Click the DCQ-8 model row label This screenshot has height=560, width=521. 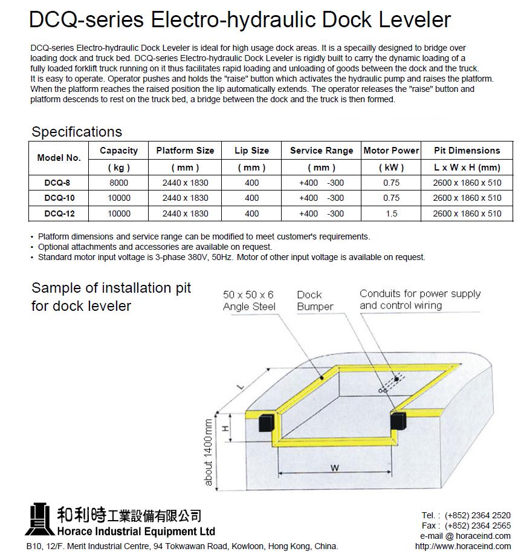coord(58,183)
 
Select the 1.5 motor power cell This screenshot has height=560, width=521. coord(391,213)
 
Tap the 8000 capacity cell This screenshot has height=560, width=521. coord(118,183)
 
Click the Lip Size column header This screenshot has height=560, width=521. coord(251,151)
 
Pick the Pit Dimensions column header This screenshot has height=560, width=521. coord(467,151)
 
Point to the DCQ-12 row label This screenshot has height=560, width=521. coord(59,213)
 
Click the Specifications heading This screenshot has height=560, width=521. coord(77,132)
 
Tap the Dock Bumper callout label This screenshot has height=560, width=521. coord(314,301)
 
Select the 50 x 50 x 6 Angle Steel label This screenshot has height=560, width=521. coord(248,301)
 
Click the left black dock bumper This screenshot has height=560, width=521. coord(267,422)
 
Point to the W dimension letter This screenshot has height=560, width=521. coord(334,467)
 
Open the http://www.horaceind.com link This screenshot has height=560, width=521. coord(462,546)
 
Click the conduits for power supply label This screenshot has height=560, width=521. coord(419,299)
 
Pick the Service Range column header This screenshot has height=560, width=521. coord(321,151)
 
